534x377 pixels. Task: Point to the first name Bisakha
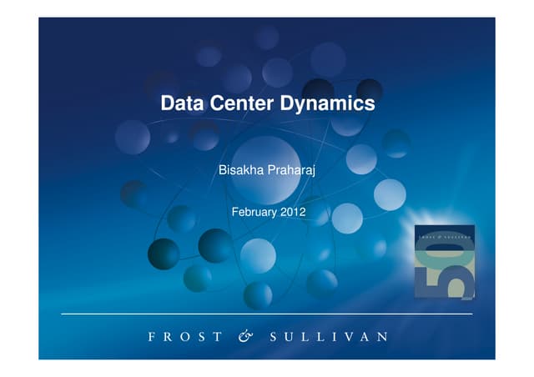pos(239,171)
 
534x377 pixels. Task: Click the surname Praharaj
pos(291,171)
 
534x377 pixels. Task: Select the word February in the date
pos(256,213)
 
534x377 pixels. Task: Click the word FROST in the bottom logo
pos(185,337)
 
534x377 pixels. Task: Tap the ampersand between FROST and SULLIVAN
pos(244,337)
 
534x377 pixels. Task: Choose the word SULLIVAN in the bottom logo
pos(329,337)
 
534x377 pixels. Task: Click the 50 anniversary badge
pos(445,262)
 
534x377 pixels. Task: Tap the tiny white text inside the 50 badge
pos(444,239)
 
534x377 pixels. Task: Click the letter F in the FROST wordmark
pos(151,337)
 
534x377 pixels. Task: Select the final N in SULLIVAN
pos(382,337)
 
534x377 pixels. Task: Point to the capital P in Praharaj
pos(270,171)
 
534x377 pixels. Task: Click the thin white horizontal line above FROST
pos(267,314)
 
